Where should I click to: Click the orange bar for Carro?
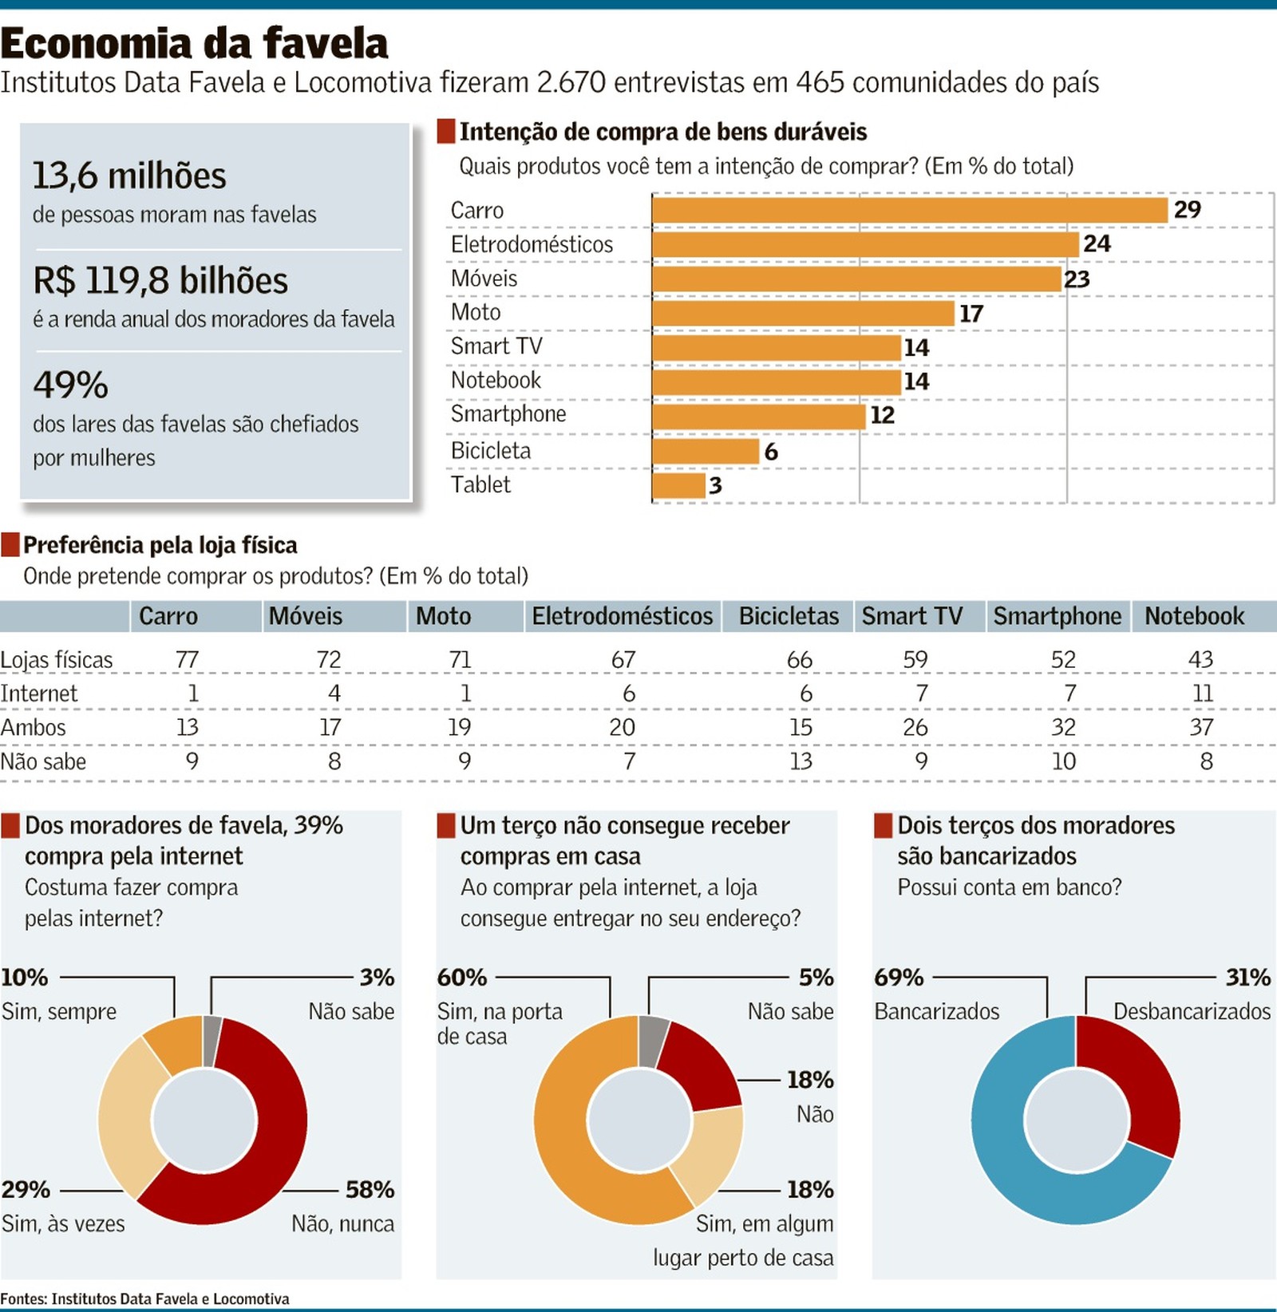(x=910, y=210)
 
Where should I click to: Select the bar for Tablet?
(x=678, y=485)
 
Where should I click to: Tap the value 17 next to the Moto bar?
(x=971, y=314)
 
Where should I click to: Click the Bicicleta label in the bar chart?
(x=490, y=451)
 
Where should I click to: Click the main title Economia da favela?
(x=194, y=43)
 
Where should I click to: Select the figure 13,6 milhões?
(x=129, y=176)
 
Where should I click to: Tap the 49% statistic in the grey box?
(x=70, y=385)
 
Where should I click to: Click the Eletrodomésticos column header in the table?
(x=622, y=616)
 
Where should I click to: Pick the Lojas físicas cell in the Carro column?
(x=187, y=660)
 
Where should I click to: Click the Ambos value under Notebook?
(x=1201, y=727)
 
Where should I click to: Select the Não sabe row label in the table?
(x=43, y=761)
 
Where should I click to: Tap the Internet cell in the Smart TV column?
(x=921, y=694)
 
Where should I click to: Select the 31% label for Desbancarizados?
(x=1247, y=978)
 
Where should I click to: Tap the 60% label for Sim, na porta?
(x=461, y=978)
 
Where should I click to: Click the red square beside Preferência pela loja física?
(x=10, y=545)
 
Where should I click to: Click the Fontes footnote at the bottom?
(x=144, y=1298)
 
